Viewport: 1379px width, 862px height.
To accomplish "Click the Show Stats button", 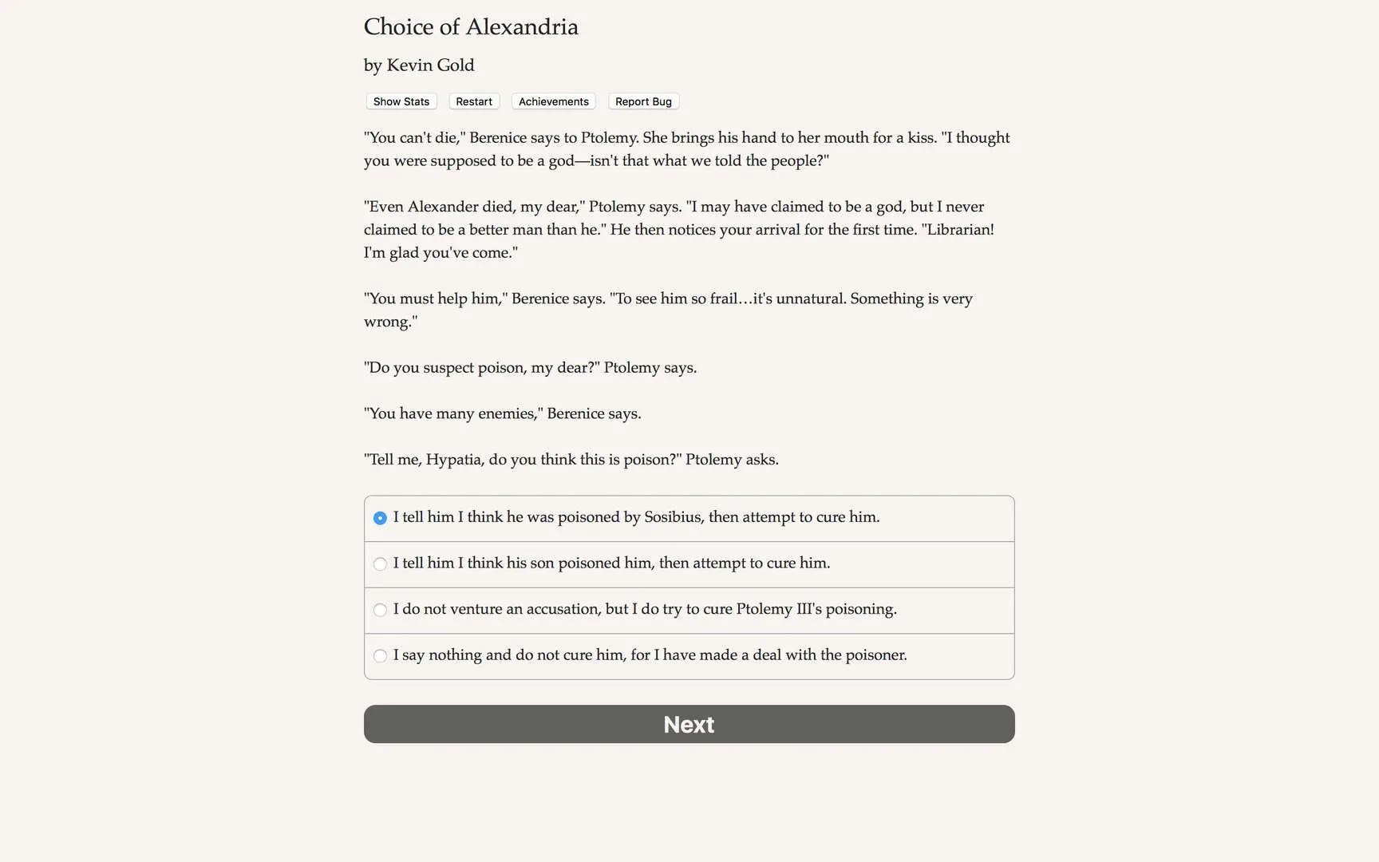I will pos(401,101).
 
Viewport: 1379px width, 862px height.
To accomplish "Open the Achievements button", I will pos(553,101).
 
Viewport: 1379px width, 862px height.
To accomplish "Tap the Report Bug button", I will pos(643,101).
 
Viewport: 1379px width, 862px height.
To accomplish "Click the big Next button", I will pos(689,724).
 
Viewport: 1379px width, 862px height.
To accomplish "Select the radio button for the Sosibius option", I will pos(380,518).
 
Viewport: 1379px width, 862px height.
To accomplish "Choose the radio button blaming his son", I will pos(380,564).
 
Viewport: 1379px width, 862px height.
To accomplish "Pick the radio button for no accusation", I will pos(380,610).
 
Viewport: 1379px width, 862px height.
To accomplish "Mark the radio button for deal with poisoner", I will pos(380,656).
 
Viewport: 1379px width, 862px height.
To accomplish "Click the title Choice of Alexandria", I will pos(471,27).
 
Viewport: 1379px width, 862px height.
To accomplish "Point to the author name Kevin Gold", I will pos(430,65).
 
